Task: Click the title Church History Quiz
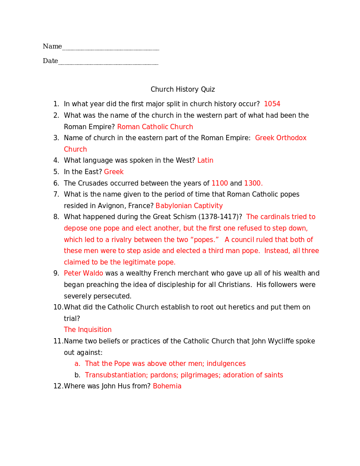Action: pos(182,89)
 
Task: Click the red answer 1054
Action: pos(272,104)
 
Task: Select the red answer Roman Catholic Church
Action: pos(155,127)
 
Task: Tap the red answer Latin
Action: pos(205,160)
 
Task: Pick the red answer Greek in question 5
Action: pos(114,172)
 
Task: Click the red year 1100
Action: pos(219,183)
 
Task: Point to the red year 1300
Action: pos(253,183)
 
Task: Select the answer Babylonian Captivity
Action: pos(189,206)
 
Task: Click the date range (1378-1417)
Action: pos(220,217)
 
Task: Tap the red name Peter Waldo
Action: pos(83,273)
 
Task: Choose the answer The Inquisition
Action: pos(88,330)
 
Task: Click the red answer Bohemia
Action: pos(167,386)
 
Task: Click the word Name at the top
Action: pos(52,46)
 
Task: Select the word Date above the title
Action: pos(50,61)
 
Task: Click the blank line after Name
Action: pos(111,49)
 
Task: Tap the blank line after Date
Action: pos(108,63)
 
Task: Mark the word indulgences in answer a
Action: pos(226,364)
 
